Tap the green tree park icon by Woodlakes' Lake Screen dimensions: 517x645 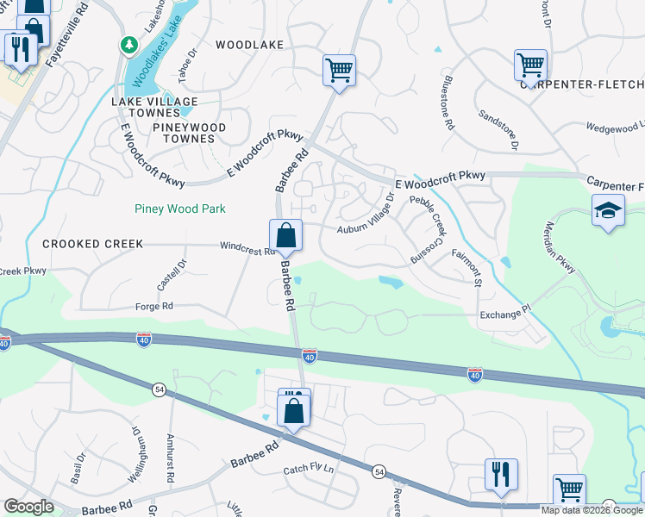128,44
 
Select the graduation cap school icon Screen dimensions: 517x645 608,209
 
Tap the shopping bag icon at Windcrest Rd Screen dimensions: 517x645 285,234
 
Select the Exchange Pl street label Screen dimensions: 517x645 505,316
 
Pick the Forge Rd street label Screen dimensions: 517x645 154,306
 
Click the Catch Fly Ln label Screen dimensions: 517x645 308,470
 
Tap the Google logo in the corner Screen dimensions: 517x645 28,507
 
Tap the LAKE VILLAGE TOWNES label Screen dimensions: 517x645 154,108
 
